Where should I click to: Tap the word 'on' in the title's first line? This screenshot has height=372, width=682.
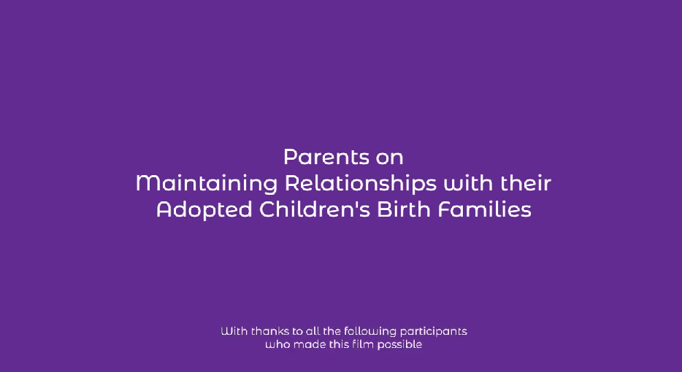pyautogui.click(x=390, y=158)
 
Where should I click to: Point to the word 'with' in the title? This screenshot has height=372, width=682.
pyautogui.click(x=468, y=183)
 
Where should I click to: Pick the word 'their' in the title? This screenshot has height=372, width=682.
pyautogui.click(x=526, y=183)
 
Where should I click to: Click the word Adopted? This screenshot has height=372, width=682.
pyautogui.click(x=204, y=210)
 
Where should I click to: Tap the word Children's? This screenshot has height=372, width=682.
pyautogui.click(x=315, y=209)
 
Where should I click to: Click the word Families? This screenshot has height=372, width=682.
pyautogui.click(x=485, y=209)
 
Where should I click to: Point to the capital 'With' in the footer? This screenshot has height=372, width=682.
pyautogui.click(x=234, y=331)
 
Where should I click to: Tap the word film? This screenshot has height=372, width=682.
pyautogui.click(x=363, y=344)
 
